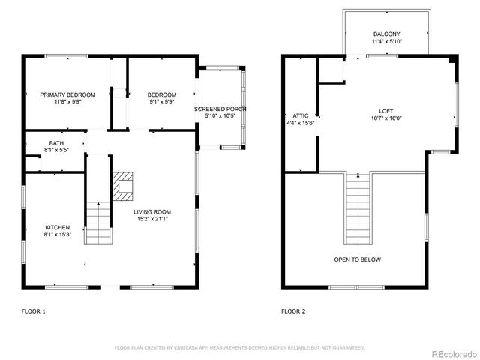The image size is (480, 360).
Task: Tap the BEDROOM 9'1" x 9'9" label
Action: pos(161,94)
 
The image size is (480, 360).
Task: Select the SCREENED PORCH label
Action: pos(220,109)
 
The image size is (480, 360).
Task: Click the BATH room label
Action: pos(56,142)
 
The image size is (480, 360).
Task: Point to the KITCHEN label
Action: pos(57,227)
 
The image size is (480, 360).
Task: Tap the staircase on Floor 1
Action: pos(97,222)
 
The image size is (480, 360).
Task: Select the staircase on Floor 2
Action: pos(358,210)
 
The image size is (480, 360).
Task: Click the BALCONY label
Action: pos(386,34)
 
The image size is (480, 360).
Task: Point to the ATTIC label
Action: pos(301,115)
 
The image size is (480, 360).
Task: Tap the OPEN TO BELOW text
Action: pos(357,259)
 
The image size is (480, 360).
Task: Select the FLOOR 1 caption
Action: pos(33,310)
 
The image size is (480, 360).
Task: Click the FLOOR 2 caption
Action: pos(294,310)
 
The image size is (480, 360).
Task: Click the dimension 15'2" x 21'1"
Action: pos(152,219)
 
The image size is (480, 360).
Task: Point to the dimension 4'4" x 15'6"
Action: pos(301,123)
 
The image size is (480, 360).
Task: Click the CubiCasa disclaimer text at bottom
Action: pos(239,347)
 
